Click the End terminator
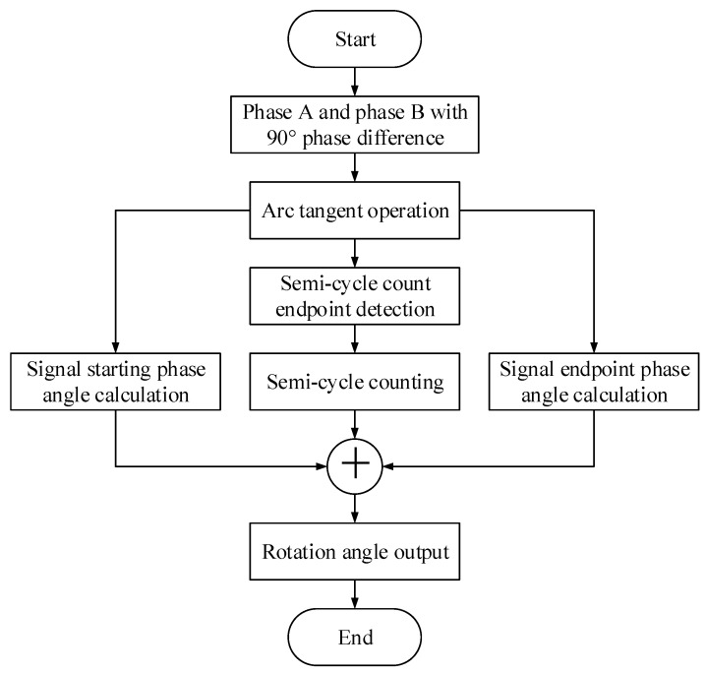pos(354,637)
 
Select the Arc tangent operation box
pos(354,211)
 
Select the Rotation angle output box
pos(354,551)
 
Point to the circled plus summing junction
pos(354,464)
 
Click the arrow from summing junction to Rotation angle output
pos(354,508)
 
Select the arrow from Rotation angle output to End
pos(354,593)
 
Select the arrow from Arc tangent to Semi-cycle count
pos(354,254)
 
